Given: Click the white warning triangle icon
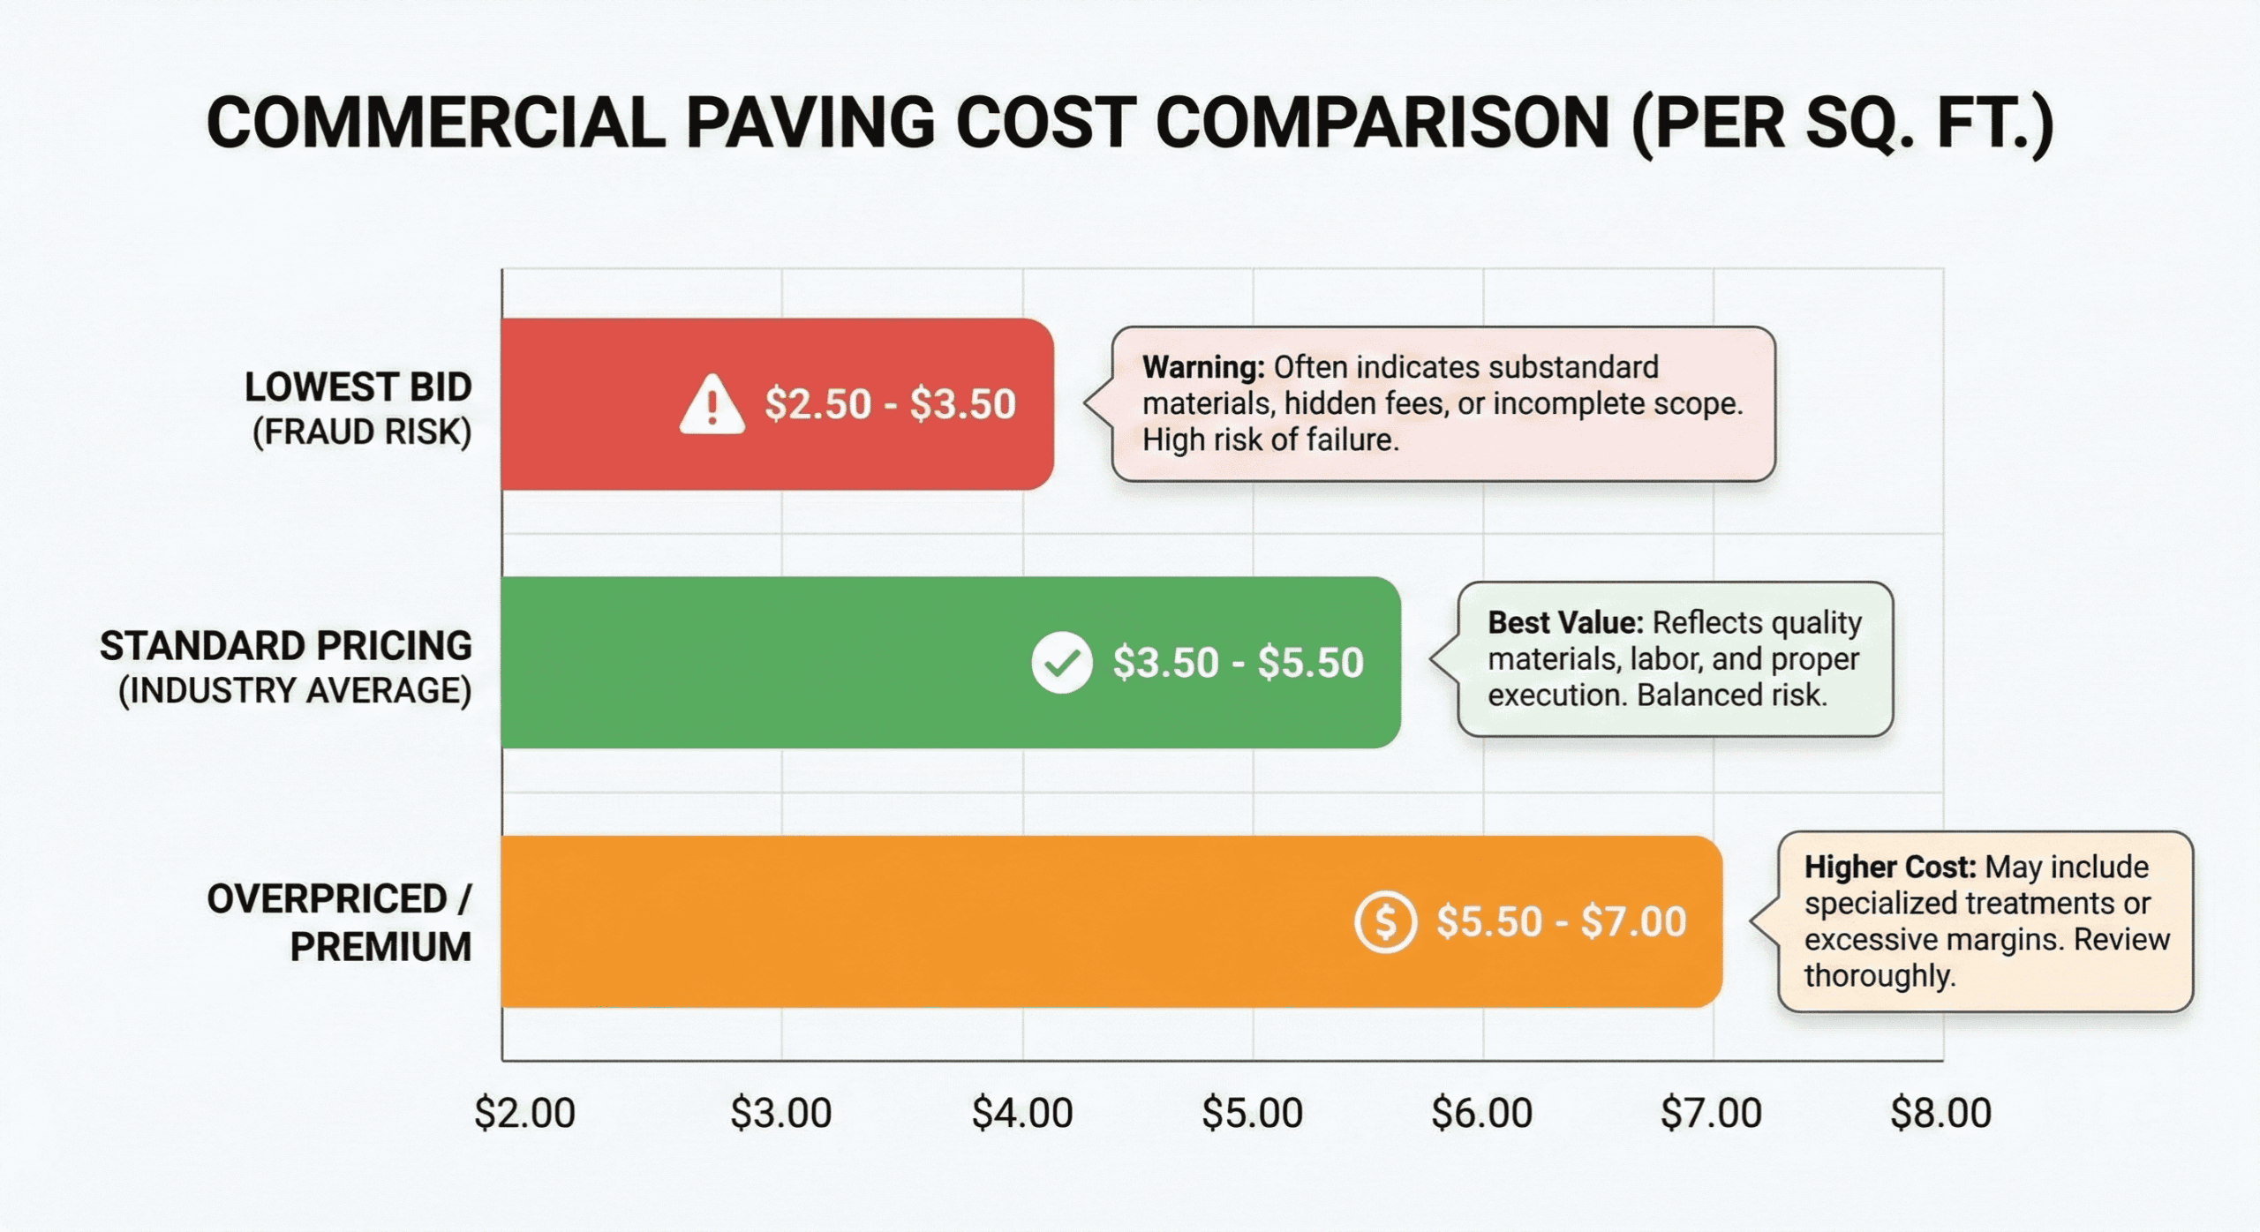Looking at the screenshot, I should coord(712,406).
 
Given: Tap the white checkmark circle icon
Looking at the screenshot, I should coord(1061,663).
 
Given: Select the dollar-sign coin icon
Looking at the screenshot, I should coord(1385,922).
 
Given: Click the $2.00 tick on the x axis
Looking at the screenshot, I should coord(524,1114).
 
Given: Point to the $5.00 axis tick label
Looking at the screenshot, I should coord(1252,1114).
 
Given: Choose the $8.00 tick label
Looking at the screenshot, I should coord(1940,1114).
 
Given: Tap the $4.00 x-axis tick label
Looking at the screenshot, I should coord(1022,1114).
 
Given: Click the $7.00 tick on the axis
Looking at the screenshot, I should coord(1711,1114).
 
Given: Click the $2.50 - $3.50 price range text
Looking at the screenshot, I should coord(890,404).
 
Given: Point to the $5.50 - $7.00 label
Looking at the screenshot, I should coord(1561,922).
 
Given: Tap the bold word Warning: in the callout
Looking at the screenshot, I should coord(1203,367).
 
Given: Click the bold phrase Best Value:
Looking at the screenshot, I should coord(1565,623).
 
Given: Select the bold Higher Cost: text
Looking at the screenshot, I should coord(1889,868).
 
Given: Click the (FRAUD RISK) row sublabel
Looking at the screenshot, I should coord(362,432).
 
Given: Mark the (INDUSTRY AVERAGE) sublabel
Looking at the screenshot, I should coord(295,691).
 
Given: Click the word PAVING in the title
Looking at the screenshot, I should coord(810,124).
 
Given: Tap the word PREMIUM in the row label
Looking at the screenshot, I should coord(380,948).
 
